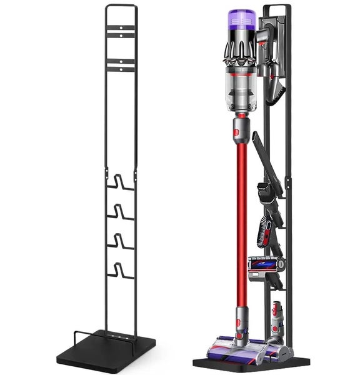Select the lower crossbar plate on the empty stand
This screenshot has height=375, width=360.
(121, 65)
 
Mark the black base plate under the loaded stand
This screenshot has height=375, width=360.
(250, 363)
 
